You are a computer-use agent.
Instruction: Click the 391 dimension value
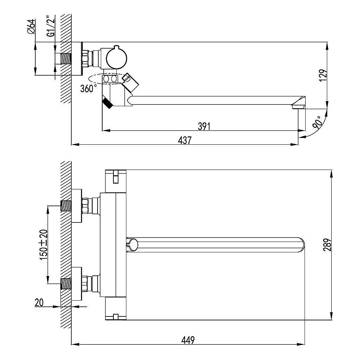pos(204,126)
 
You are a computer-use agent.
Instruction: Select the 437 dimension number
pos(185,140)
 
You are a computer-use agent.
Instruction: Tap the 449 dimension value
pos(188,340)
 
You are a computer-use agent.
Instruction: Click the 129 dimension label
pos(323,75)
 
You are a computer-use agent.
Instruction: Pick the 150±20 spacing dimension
pos(44,245)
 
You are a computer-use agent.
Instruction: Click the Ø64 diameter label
pos(31,26)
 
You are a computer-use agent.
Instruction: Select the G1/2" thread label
pos(51,26)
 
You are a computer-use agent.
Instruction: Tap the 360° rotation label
pos(88,89)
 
